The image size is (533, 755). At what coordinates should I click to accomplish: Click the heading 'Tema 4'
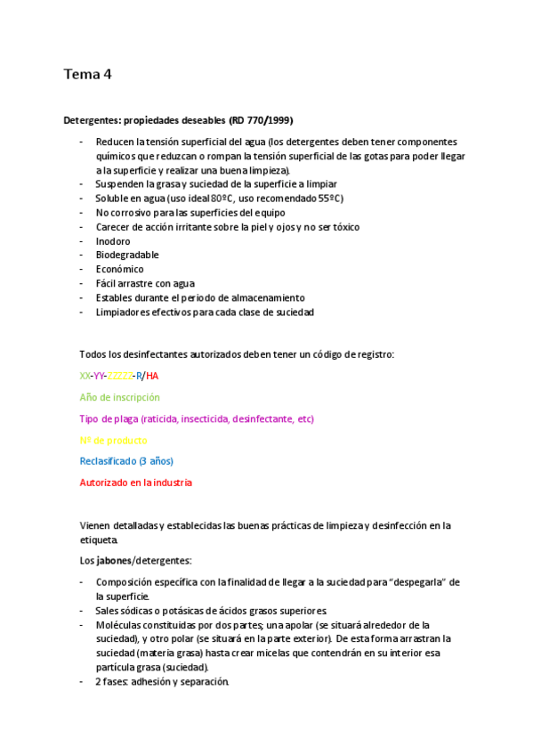[x=87, y=75]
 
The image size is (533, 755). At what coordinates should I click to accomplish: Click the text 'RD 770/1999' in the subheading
[x=262, y=120]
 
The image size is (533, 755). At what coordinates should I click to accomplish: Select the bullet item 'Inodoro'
[x=113, y=241]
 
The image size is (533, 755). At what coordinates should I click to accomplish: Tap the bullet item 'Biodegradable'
[x=127, y=255]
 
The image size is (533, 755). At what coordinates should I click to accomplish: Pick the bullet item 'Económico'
[x=119, y=269]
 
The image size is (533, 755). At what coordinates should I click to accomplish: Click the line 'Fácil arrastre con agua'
[x=145, y=283]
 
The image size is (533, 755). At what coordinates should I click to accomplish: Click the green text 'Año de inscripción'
[x=119, y=397]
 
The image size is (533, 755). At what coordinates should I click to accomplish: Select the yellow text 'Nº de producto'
[x=113, y=440]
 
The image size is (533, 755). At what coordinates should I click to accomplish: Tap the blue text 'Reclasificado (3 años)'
[x=126, y=461]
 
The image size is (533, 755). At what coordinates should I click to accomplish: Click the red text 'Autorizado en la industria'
[x=135, y=483]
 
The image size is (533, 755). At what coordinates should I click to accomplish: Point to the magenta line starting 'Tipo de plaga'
[x=196, y=418]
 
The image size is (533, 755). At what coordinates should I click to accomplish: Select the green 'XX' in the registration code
[x=85, y=376]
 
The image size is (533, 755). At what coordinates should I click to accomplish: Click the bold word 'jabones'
[x=112, y=560]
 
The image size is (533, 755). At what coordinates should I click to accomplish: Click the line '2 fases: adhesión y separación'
[x=162, y=682]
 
